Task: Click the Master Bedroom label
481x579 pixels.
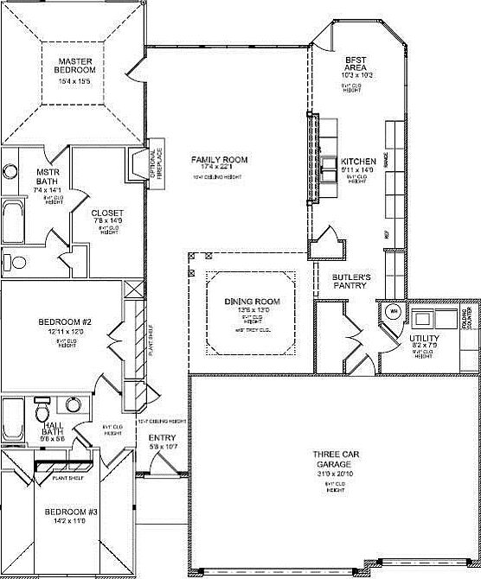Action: point(75,66)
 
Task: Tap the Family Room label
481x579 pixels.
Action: point(220,160)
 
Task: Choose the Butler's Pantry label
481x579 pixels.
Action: point(352,282)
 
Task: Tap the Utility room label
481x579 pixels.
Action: point(426,338)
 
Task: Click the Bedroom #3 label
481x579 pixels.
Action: point(72,512)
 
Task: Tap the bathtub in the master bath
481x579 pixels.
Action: point(13,220)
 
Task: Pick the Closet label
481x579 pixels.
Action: point(107,213)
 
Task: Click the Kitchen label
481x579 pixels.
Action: point(357,162)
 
